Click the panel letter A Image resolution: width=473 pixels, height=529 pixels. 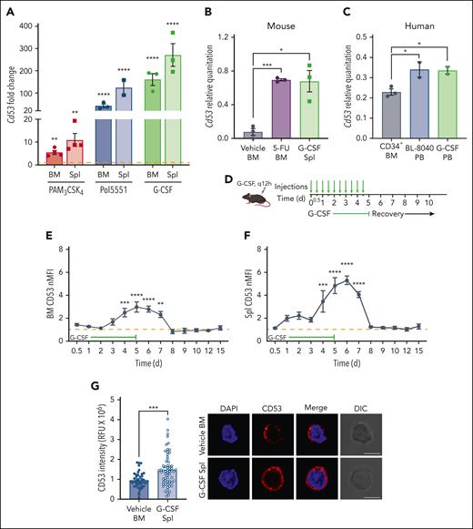[x=11, y=10]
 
